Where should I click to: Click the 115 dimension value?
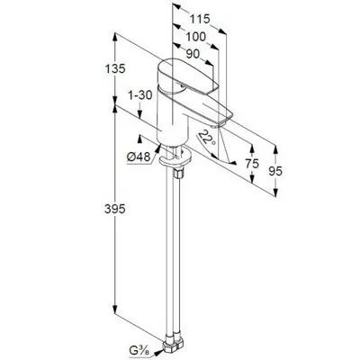pyautogui.click(x=200, y=19)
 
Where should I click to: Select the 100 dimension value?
pyautogui.click(x=196, y=37)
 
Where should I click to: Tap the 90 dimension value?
pyautogui.click(x=193, y=54)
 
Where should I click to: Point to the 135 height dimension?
pyautogui.click(x=115, y=69)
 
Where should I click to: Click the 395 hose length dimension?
pyautogui.click(x=115, y=209)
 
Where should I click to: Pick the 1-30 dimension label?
pyautogui.click(x=140, y=95)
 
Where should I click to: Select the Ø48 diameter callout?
pyautogui.click(x=139, y=157)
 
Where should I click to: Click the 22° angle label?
pyautogui.click(x=208, y=138)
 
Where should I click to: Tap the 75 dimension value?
pyautogui.click(x=252, y=164)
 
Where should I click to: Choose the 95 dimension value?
pyautogui.click(x=275, y=171)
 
